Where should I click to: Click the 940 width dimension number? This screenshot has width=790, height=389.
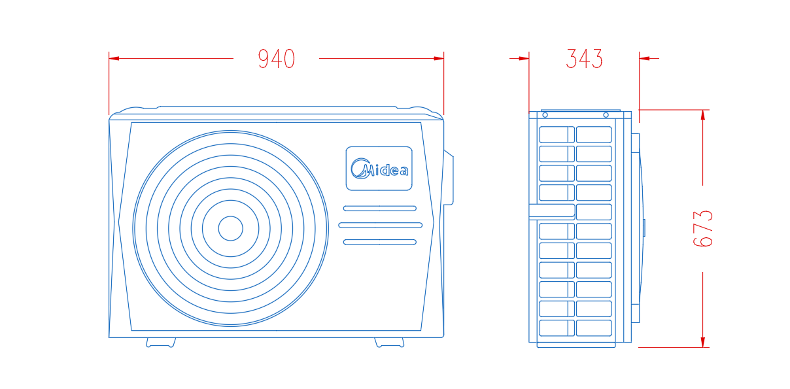[x=277, y=59]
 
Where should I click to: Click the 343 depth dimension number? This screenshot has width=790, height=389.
[x=585, y=59]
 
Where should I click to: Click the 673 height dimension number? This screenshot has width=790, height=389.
[x=703, y=229]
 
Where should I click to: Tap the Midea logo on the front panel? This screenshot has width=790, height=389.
[x=379, y=169]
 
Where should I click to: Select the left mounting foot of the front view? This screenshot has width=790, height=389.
[x=161, y=343]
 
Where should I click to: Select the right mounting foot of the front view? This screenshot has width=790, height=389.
[x=389, y=343]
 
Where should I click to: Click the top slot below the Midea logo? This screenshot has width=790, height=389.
[x=380, y=209]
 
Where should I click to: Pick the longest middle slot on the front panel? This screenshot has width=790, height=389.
[x=380, y=225]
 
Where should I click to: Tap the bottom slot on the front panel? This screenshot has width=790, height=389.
[x=380, y=242]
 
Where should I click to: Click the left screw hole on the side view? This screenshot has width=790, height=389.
[x=545, y=115]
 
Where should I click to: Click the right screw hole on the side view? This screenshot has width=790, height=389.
[x=606, y=115]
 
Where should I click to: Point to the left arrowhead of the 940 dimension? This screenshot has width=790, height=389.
[x=114, y=59]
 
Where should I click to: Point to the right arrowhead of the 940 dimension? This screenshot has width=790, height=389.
[x=439, y=59]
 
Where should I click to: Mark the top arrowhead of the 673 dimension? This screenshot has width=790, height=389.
[x=703, y=115]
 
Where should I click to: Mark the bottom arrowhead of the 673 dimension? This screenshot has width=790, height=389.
[x=703, y=343]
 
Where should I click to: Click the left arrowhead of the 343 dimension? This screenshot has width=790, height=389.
[x=524, y=59]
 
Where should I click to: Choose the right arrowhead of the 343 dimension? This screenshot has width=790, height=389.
[x=644, y=59]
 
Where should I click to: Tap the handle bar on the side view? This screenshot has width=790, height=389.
[x=552, y=212]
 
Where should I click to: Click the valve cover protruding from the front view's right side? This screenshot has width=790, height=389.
[x=449, y=177]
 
